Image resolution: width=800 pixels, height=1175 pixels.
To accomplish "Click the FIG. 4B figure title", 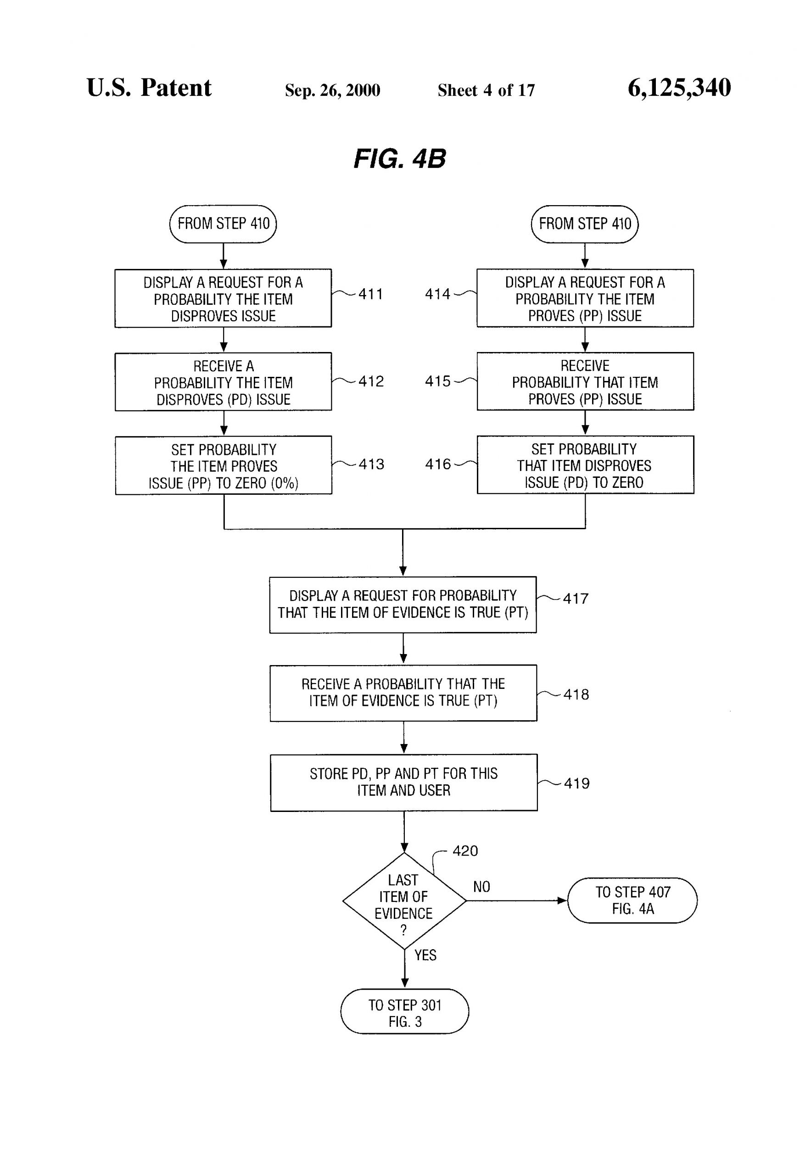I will coord(399,159).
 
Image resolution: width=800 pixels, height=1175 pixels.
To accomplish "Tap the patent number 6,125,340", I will coord(679,88).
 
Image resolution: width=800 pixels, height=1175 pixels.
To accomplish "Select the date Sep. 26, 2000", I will coord(332,90).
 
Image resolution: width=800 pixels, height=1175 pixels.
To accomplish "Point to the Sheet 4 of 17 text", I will coord(486,90).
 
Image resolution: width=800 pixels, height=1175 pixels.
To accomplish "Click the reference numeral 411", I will coord(371,294).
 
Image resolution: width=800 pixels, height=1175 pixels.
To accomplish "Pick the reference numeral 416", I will coord(437,464).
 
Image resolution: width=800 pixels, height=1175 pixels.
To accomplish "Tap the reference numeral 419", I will coord(576,783).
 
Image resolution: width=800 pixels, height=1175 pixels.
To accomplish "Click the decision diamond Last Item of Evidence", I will coord(403,901).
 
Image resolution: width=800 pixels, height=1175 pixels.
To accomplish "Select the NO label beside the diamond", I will coord(481,887).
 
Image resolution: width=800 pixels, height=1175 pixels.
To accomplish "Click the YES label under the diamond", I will coord(425,955).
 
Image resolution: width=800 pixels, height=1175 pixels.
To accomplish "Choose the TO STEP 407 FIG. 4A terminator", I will coord(632,901).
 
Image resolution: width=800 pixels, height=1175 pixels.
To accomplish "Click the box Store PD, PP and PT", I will coord(403,782).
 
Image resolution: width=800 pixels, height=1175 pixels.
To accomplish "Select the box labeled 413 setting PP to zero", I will coord(224,465).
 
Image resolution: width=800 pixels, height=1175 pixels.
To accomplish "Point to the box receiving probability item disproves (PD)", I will coord(224,382).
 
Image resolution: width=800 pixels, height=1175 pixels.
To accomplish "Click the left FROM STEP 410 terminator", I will coord(223,224).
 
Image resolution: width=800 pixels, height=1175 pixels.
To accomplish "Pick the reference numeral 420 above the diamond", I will coord(465,851).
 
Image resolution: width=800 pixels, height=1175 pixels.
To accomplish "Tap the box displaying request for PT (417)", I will coord(403,604).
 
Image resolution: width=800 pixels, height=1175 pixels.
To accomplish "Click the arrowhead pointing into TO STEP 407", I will coord(562,901).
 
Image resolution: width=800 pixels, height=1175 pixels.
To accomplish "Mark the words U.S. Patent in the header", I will coord(149,88).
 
